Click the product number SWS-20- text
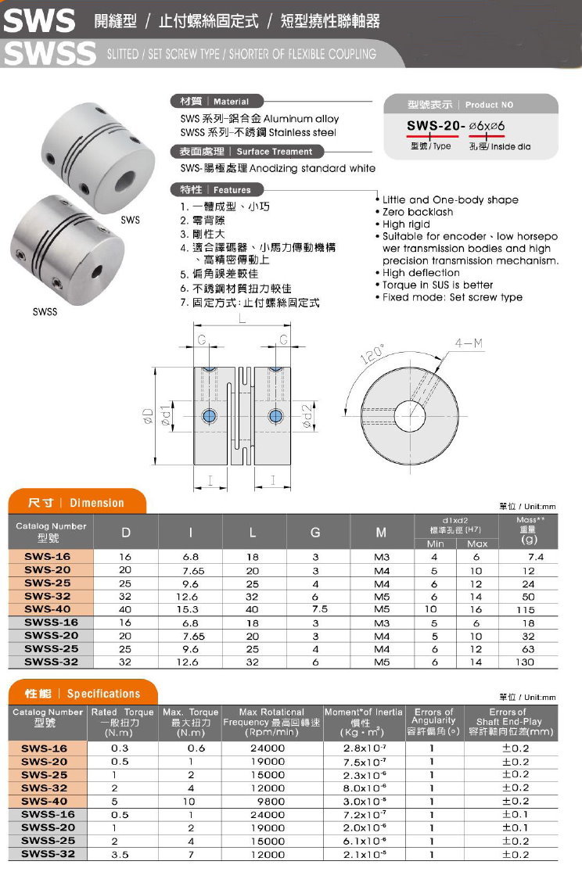point(436,126)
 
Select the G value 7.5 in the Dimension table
point(319,609)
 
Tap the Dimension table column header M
point(381,533)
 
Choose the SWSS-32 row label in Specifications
point(48,854)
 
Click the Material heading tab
point(215,102)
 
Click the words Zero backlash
point(418,212)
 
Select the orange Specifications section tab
point(83,694)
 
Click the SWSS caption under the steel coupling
point(45,312)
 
